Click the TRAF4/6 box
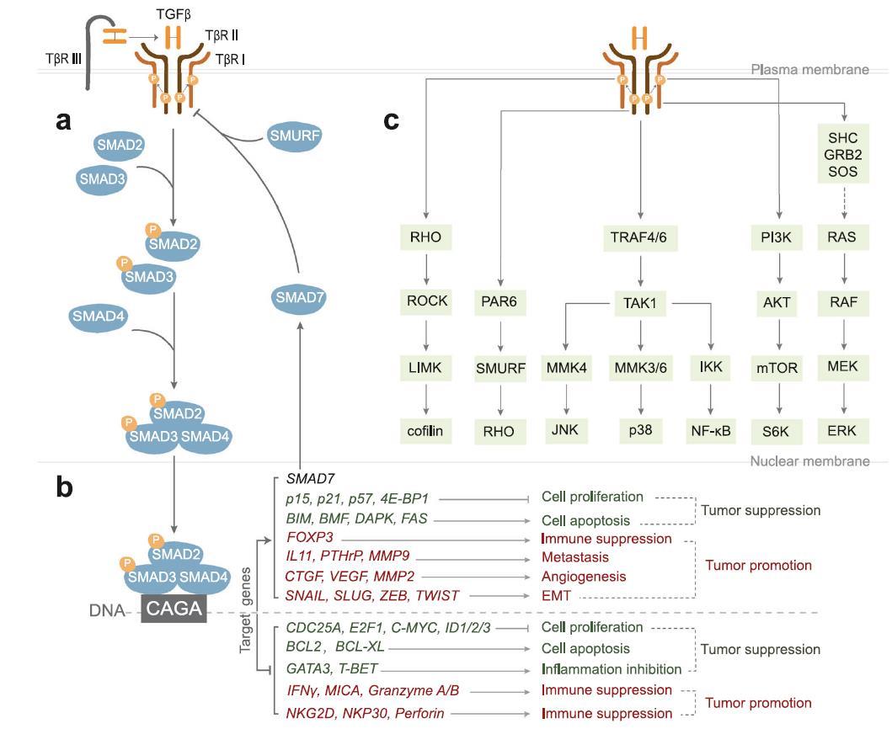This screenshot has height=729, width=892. tap(641, 237)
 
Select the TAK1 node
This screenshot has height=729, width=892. tap(641, 302)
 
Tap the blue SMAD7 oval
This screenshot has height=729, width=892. tap(299, 297)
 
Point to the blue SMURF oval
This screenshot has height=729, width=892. tap(295, 134)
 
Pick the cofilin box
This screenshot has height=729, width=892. tap(426, 432)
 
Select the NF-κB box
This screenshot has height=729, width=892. tap(711, 432)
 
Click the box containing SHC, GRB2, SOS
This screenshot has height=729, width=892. tap(842, 154)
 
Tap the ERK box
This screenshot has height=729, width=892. tap(841, 431)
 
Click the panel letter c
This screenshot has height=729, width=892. tap(390, 120)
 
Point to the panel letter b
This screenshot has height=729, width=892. tap(64, 487)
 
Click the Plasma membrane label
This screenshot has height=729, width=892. tap(809, 70)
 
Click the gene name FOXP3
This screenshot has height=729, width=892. tap(307, 537)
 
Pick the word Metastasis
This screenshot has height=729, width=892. tap(574, 556)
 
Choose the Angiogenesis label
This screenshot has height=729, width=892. tap(583, 577)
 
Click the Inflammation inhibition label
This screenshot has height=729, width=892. tap(611, 670)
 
